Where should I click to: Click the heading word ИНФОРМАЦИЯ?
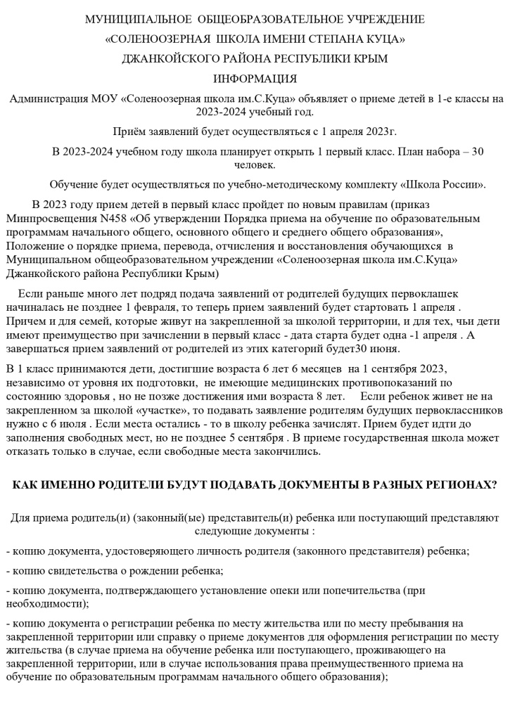point(255,78)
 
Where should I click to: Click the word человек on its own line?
point(255,165)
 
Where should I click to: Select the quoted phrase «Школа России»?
point(442,185)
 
